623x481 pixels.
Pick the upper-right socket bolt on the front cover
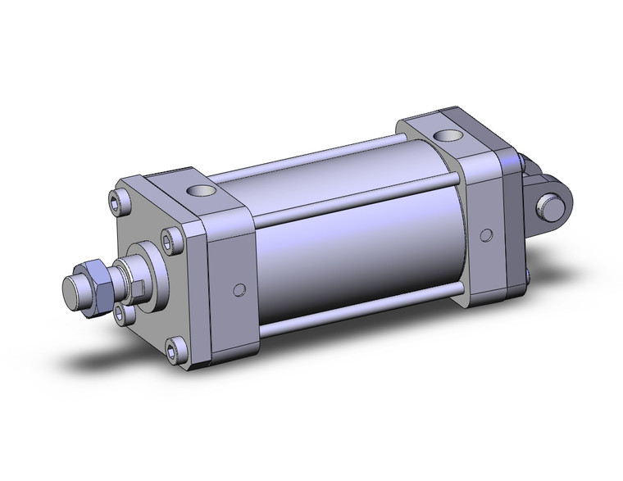click(x=171, y=238)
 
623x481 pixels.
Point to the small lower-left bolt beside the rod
click(x=122, y=311)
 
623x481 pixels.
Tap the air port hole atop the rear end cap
click(x=447, y=134)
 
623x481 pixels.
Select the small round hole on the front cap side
click(x=239, y=289)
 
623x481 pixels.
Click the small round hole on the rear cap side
click(x=489, y=234)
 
